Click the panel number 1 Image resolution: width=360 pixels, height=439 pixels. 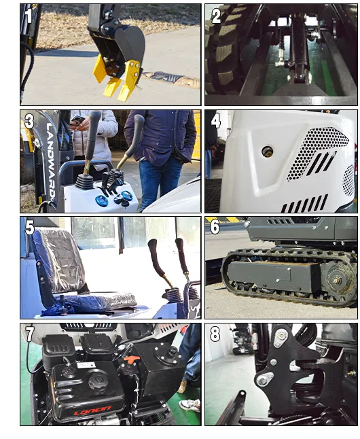tap(28, 16)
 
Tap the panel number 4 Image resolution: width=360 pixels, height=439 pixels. tap(215, 121)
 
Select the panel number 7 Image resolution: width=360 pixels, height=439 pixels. tap(30, 334)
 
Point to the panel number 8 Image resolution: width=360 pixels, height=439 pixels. tap(215, 334)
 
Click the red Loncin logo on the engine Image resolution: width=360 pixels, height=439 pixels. tap(92, 410)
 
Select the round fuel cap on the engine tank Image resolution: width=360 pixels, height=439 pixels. tap(97, 381)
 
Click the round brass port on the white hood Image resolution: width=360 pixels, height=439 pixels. tap(267, 152)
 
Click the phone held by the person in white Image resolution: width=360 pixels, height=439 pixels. tap(77, 120)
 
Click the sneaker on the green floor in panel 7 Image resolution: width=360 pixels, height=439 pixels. tap(190, 405)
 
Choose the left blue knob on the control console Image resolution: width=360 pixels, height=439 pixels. tap(100, 200)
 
